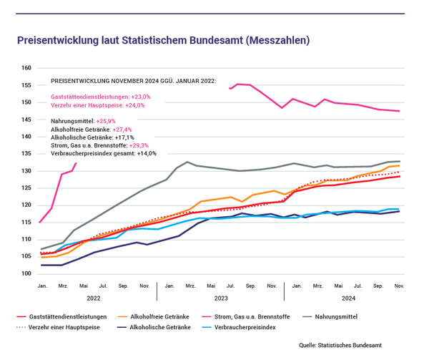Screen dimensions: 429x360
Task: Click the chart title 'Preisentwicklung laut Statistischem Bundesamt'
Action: (130, 40)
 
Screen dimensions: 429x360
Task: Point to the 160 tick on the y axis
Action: (26, 68)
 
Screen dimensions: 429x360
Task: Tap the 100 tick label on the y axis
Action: (26, 273)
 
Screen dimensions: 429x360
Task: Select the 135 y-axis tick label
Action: (26, 154)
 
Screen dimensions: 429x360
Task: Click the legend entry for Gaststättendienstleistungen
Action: (61, 317)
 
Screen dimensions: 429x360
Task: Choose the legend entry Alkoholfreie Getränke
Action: (154, 317)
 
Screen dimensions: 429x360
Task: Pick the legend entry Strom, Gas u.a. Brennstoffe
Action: (246, 317)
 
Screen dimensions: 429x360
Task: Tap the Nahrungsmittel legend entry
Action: (330, 317)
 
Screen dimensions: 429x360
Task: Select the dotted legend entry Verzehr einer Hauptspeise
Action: (59, 327)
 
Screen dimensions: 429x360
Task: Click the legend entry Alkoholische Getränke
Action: (154, 327)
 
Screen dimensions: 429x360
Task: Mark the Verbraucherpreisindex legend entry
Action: (239, 327)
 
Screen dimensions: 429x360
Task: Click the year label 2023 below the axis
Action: (221, 298)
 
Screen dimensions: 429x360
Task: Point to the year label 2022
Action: (94, 298)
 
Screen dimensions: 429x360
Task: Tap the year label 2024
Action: (349, 298)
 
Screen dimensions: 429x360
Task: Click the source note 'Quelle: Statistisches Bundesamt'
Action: (340, 345)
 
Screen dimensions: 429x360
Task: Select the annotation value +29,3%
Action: (139, 145)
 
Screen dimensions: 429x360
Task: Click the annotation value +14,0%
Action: (147, 153)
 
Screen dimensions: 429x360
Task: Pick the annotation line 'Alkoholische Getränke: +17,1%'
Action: (92, 137)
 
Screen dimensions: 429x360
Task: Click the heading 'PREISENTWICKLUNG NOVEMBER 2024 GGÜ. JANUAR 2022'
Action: (134, 81)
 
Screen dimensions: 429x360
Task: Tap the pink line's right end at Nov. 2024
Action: (399, 111)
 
